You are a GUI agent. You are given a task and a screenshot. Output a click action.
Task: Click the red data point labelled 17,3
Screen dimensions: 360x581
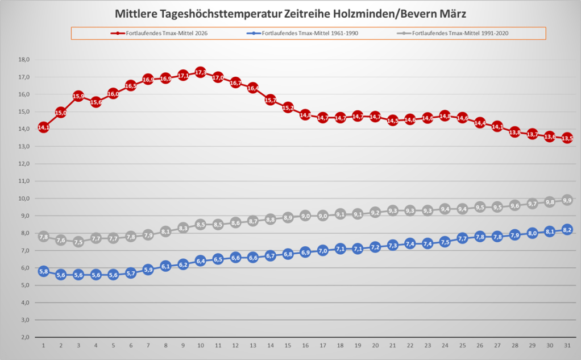tap(200, 73)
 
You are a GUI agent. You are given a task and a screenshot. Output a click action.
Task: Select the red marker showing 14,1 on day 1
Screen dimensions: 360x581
tap(43, 127)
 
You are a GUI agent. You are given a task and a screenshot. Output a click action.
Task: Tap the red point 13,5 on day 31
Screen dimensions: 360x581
tap(567, 138)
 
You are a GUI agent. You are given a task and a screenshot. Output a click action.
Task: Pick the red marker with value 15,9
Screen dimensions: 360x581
tap(78, 96)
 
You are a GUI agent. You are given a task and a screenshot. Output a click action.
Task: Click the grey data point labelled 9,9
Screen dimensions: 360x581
tap(567, 200)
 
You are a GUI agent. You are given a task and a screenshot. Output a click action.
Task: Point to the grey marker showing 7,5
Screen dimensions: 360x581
tap(78, 242)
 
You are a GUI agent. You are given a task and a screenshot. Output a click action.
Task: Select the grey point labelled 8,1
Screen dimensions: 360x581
tap(165, 231)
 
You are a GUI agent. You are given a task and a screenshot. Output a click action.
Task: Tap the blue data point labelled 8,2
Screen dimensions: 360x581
tap(567, 230)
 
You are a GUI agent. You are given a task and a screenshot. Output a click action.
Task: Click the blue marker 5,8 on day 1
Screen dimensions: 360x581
tap(43, 272)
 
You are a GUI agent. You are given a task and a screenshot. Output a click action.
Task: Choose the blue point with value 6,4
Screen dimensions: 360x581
tap(200, 261)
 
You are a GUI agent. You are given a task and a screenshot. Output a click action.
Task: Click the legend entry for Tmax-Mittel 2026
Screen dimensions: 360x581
tap(160, 33)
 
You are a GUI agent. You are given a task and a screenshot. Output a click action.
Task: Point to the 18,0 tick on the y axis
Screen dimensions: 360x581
tap(24, 59)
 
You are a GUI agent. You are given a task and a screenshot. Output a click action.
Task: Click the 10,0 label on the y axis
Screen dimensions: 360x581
tap(24, 198)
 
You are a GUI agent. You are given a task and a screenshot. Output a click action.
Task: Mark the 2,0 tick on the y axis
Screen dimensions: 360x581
tap(24, 337)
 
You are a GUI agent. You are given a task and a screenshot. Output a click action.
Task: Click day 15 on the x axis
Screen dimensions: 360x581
tap(288, 345)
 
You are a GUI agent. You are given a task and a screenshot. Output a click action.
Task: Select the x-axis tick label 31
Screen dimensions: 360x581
tap(567, 345)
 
